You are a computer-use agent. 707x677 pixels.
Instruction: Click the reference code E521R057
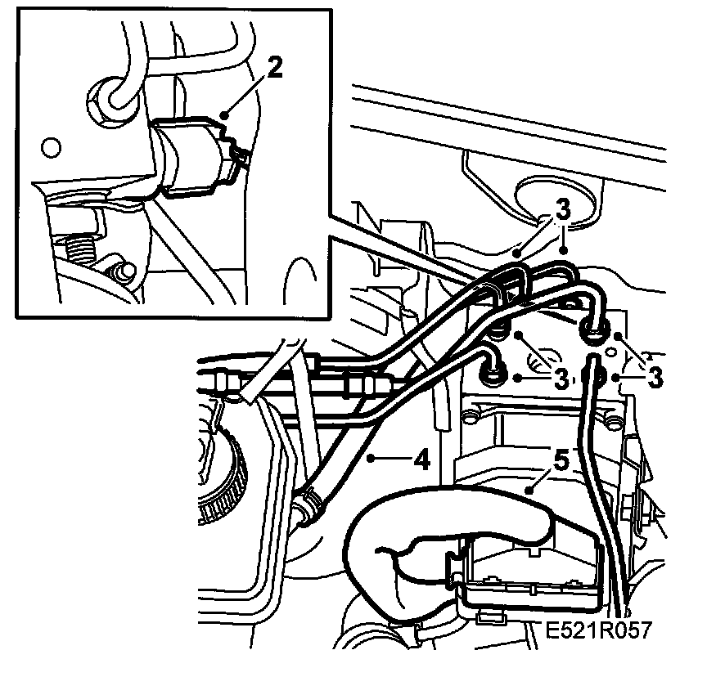tap(596, 631)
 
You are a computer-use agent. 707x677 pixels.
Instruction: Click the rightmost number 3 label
tap(655, 379)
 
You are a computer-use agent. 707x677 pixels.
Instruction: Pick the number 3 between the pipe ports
tap(561, 379)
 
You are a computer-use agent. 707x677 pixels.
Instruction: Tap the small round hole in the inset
tap(51, 148)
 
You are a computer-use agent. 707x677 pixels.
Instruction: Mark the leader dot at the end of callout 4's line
tap(373, 460)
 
